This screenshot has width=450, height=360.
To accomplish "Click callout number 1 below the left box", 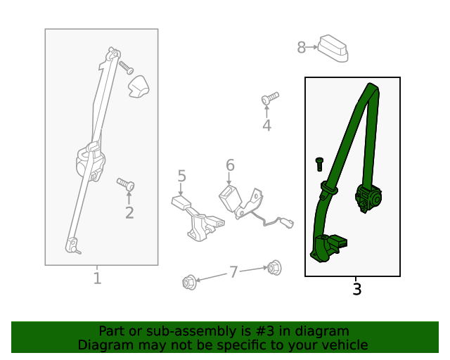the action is pyautogui.click(x=98, y=278).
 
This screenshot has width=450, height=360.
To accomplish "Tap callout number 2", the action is pyautogui.click(x=129, y=213).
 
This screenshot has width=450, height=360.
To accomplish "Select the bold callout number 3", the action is pyautogui.click(x=356, y=289).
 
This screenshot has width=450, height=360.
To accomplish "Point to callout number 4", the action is pyautogui.click(x=267, y=125).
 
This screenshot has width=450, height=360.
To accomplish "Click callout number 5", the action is pyautogui.click(x=182, y=176).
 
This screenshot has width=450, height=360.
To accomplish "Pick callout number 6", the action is pyautogui.click(x=230, y=165).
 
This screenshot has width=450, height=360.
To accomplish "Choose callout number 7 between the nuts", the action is pyautogui.click(x=233, y=271).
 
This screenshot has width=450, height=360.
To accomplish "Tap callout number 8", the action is pyautogui.click(x=301, y=47).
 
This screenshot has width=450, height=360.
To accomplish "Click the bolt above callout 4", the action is pyautogui.click(x=270, y=98).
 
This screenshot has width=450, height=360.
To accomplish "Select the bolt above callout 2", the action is pyautogui.click(x=126, y=184).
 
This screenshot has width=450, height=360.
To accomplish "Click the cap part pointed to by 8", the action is pyautogui.click(x=333, y=49).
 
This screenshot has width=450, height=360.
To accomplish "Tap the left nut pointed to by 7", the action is pyautogui.click(x=189, y=282).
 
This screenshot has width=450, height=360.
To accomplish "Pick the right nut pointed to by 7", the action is pyautogui.click(x=274, y=268).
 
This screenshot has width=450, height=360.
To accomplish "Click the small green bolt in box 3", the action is pyautogui.click(x=319, y=164).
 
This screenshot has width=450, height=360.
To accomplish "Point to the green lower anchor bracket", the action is pyautogui.click(x=327, y=247).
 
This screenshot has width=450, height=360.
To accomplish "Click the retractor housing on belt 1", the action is pyautogui.click(x=90, y=163).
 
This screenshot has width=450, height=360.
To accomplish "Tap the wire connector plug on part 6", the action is pyautogui.click(x=287, y=223).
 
